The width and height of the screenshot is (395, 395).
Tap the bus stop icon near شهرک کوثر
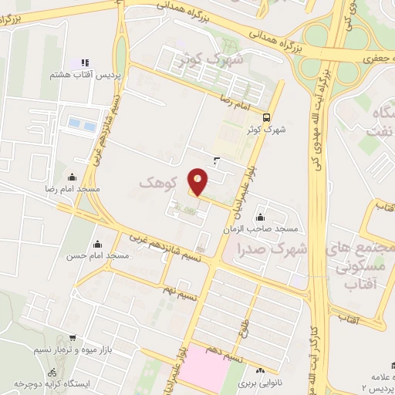click(x=266, y=118)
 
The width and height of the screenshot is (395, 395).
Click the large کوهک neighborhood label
click(x=159, y=183)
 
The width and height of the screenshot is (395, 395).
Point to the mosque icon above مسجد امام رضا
click(x=73, y=177)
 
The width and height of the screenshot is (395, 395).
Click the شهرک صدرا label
click(x=273, y=249)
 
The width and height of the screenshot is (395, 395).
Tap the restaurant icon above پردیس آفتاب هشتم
click(x=84, y=62)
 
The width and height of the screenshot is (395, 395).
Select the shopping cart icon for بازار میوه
click(x=72, y=338)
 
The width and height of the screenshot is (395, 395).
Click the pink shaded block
click(x=204, y=369)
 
